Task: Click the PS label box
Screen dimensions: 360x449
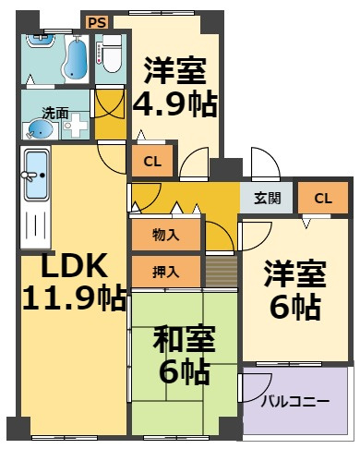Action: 97,22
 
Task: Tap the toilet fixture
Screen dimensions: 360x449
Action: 112,54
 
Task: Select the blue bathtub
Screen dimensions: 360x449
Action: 76,58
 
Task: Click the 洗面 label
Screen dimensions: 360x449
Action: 55,114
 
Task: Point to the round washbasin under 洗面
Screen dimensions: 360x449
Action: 40,129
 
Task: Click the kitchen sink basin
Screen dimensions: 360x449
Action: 36,175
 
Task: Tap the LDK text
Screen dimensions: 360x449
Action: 75,265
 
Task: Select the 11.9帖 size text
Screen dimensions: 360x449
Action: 75,298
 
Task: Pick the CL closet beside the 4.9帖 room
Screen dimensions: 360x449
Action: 152,161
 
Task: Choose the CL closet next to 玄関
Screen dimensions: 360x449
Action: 323,198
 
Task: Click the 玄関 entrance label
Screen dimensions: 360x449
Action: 268,198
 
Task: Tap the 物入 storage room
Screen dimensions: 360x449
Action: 166,235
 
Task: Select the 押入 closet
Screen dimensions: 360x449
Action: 166,272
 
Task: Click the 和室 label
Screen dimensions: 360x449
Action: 184,339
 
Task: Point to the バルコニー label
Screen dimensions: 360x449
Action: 295,402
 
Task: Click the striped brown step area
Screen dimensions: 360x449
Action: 222,271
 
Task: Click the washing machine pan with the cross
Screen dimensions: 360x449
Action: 76,126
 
